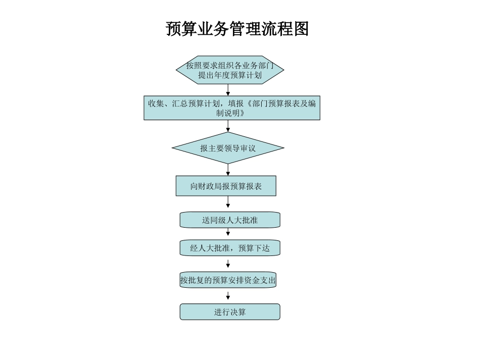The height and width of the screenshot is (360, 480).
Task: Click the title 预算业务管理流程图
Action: coord(237,29)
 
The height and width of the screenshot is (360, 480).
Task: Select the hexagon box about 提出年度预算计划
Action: coord(230,70)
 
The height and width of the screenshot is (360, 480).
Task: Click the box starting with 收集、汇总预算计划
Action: coord(231,108)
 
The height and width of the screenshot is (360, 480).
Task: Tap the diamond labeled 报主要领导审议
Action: coord(228,148)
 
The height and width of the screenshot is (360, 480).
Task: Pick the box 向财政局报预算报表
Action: coord(226,186)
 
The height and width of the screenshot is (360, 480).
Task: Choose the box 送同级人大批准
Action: coord(230,220)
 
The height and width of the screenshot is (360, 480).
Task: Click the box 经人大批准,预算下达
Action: coord(230,248)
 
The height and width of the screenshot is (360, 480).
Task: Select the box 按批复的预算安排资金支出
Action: coord(228,280)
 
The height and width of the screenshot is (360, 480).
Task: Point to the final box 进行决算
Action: coord(230,312)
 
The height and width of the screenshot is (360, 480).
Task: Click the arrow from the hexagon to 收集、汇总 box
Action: coord(228,90)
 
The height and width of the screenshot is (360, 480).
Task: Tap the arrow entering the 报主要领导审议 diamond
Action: coord(228,126)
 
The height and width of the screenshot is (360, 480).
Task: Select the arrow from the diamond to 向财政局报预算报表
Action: coord(228,170)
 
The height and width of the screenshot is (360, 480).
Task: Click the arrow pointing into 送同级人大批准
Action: coord(228,202)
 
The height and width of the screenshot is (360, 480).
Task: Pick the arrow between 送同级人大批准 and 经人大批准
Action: coord(228,232)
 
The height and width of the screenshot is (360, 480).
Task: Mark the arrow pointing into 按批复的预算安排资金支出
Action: coord(228,263)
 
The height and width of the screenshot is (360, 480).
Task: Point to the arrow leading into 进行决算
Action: coord(228,295)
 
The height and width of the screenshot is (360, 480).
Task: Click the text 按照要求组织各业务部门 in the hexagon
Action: coord(230,65)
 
